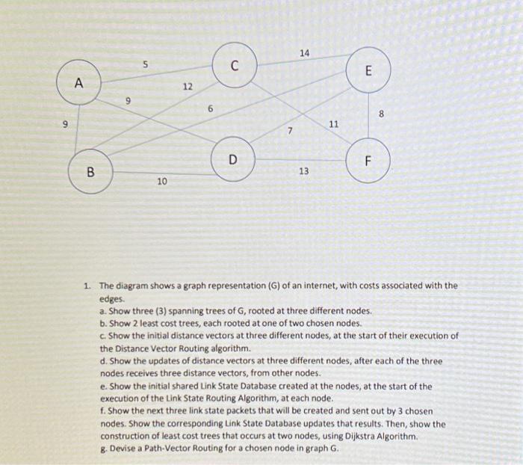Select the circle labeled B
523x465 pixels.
[91, 171]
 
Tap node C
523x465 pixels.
[235, 65]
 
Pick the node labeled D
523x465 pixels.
[233, 159]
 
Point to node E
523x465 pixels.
[368, 71]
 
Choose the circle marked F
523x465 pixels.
[368, 161]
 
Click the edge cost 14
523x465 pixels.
[304, 52]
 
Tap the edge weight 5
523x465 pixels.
[146, 65]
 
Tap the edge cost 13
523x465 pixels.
[303, 172]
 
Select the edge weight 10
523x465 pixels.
[162, 182]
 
